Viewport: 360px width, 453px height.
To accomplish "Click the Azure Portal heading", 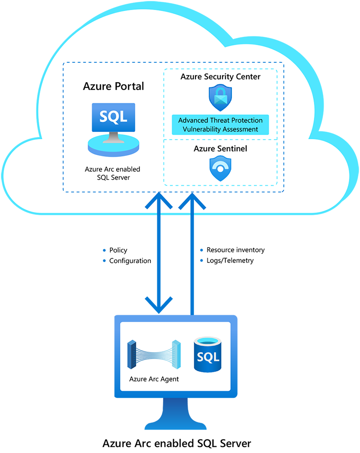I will (x=114, y=86).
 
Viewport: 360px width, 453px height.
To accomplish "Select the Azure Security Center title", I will (x=220, y=76).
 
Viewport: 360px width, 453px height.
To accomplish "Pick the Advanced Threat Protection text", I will (x=220, y=120).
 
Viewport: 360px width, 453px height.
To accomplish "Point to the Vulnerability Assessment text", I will (x=220, y=129).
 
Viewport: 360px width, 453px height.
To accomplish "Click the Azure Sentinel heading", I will (x=220, y=149).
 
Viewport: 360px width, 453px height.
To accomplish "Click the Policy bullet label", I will (x=118, y=250).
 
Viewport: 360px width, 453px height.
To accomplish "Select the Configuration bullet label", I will (x=130, y=261).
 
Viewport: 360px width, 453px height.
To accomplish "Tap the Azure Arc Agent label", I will (x=154, y=379).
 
